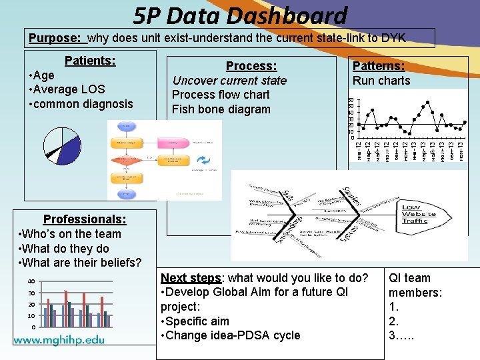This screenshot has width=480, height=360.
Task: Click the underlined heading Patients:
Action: pyautogui.click(x=90, y=61)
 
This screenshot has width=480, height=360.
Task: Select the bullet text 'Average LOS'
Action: pyautogui.click(x=69, y=89)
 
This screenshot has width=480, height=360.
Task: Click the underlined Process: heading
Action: pyautogui.click(x=251, y=66)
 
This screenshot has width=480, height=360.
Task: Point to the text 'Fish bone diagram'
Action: pyautogui.click(x=221, y=109)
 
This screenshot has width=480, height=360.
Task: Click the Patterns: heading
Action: pyautogui.click(x=379, y=65)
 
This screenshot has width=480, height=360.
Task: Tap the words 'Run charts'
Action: pyautogui.click(x=381, y=81)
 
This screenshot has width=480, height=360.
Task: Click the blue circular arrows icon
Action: pyautogui.click(x=203, y=161)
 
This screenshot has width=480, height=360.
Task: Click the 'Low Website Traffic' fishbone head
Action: pyautogui.click(x=419, y=214)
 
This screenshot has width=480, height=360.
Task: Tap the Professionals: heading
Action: pyautogui.click(x=85, y=219)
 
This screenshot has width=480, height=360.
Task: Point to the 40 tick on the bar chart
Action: pyautogui.click(x=31, y=282)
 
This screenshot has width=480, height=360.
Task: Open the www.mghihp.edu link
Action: pyautogui.click(x=59, y=339)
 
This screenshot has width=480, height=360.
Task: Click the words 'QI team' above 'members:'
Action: pyautogui.click(x=409, y=278)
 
